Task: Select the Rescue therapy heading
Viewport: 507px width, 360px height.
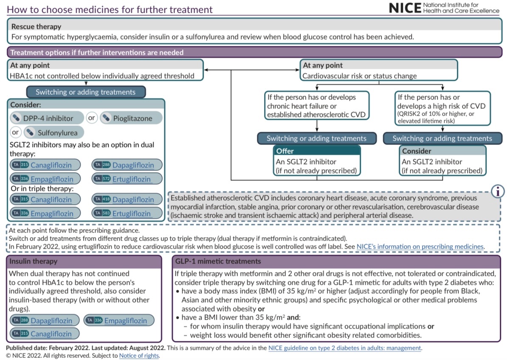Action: click(x=37, y=26)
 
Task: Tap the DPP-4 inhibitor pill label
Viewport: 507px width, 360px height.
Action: click(x=48, y=118)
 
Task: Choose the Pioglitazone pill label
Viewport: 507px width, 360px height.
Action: click(x=132, y=118)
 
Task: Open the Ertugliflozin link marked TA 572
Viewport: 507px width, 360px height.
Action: click(x=132, y=179)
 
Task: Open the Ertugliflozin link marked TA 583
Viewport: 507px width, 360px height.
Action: click(x=132, y=213)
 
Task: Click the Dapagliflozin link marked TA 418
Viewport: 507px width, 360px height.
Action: click(x=133, y=199)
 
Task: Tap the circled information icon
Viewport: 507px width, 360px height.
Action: click(x=497, y=192)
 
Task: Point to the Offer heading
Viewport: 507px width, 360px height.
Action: click(x=285, y=151)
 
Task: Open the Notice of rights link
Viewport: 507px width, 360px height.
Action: click(x=139, y=355)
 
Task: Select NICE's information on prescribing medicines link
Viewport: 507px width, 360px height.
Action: click(x=420, y=246)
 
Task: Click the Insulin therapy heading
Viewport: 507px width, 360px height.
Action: click(x=33, y=261)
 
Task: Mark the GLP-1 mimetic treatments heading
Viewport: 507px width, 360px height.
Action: click(x=218, y=261)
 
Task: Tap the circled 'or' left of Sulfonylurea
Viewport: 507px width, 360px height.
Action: click(x=16, y=132)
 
